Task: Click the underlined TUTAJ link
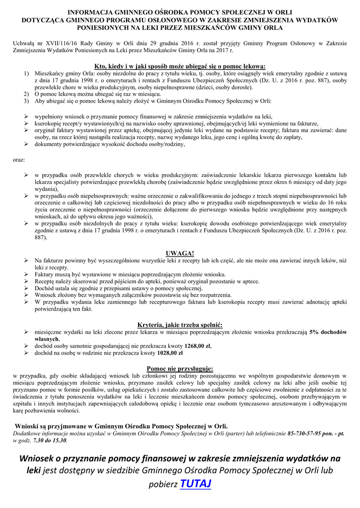(x=196, y=483)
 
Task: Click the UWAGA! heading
(x=180, y=253)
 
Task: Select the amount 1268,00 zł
(x=198, y=346)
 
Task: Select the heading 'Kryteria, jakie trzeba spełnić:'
(x=180, y=324)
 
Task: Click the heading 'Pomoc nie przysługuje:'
(x=180, y=369)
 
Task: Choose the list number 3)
(x=26, y=101)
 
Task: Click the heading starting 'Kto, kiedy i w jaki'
(x=180, y=66)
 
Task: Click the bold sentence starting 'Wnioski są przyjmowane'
(x=122, y=426)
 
